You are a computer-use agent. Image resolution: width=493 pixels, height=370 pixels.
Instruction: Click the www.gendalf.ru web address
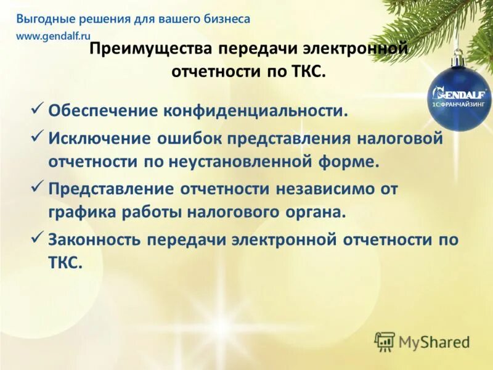coord(53,36)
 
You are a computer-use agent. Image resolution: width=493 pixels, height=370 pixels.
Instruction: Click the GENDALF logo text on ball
coord(460,94)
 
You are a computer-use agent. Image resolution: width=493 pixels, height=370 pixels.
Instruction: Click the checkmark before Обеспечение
coord(36,109)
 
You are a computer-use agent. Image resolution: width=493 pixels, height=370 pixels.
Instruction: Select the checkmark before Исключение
coord(36,136)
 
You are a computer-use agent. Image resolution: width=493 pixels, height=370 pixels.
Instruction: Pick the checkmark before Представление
coord(36,186)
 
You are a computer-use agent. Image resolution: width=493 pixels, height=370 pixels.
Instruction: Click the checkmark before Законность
coord(36,237)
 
